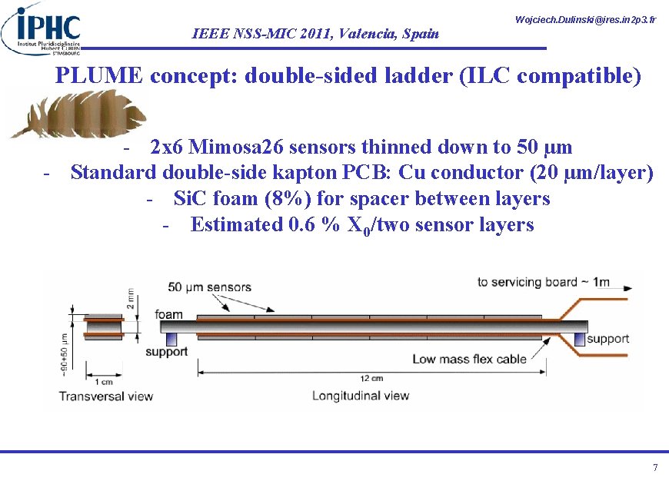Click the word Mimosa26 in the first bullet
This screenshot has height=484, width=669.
232,146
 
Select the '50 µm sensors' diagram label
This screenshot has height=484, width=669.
209,287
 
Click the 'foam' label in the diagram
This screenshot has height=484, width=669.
168,314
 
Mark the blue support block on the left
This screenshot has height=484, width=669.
171,339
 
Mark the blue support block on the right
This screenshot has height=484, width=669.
579,339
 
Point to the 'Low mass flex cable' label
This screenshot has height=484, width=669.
470,358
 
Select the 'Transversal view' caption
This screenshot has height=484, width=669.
106,396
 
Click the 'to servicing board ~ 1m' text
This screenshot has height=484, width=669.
543,282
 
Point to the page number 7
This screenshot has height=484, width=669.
654,468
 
